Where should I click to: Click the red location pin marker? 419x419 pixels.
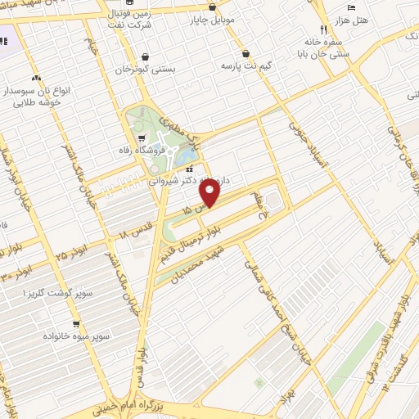point(210,193)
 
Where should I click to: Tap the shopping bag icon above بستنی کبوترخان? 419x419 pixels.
point(146,56)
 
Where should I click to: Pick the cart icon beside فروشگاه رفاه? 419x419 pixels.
point(143,137)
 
